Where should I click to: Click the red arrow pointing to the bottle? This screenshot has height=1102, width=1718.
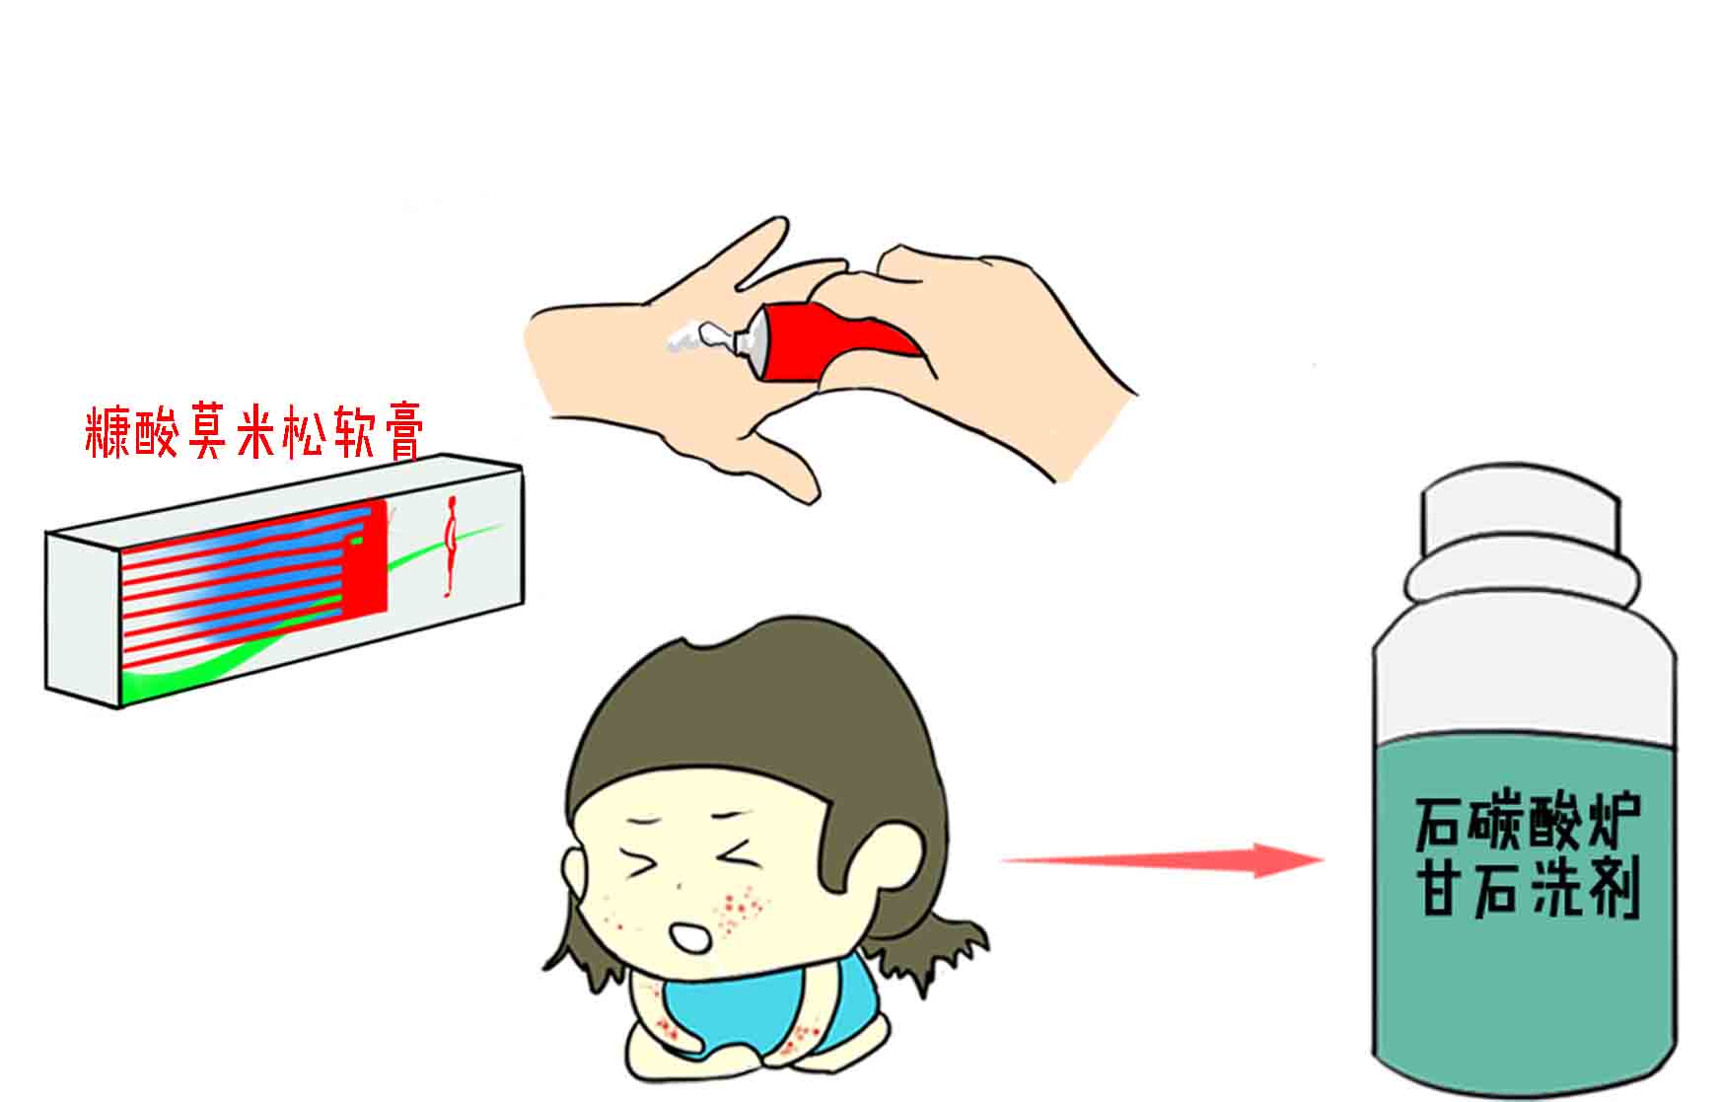pyautogui.click(x=1164, y=860)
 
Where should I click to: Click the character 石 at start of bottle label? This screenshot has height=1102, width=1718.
pyautogui.click(x=1442, y=825)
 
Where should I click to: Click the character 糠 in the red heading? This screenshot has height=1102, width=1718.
pyautogui.click(x=108, y=434)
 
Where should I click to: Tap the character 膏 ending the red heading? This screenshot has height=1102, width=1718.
pyautogui.click(x=401, y=434)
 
